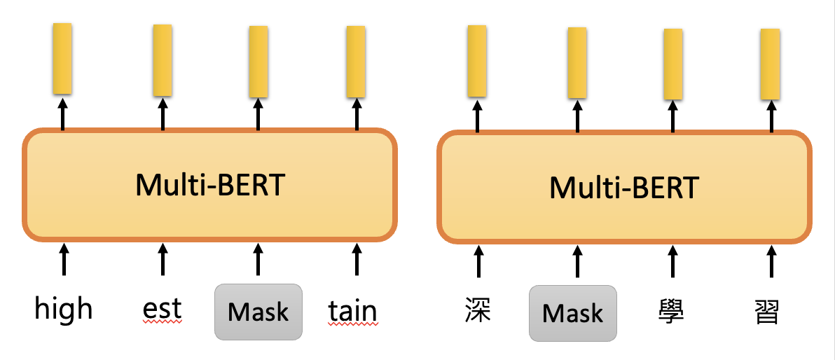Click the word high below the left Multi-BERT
point(64,309)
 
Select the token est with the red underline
point(162,309)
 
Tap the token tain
point(352,311)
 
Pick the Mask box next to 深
point(573,313)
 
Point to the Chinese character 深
point(478,310)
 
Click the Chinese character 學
point(672,310)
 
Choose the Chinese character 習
point(769,310)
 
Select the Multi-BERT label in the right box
point(624,188)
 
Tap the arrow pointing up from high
point(64,259)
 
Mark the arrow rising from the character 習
point(771,261)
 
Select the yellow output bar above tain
point(356,61)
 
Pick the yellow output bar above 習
point(771,64)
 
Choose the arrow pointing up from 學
point(672,261)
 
